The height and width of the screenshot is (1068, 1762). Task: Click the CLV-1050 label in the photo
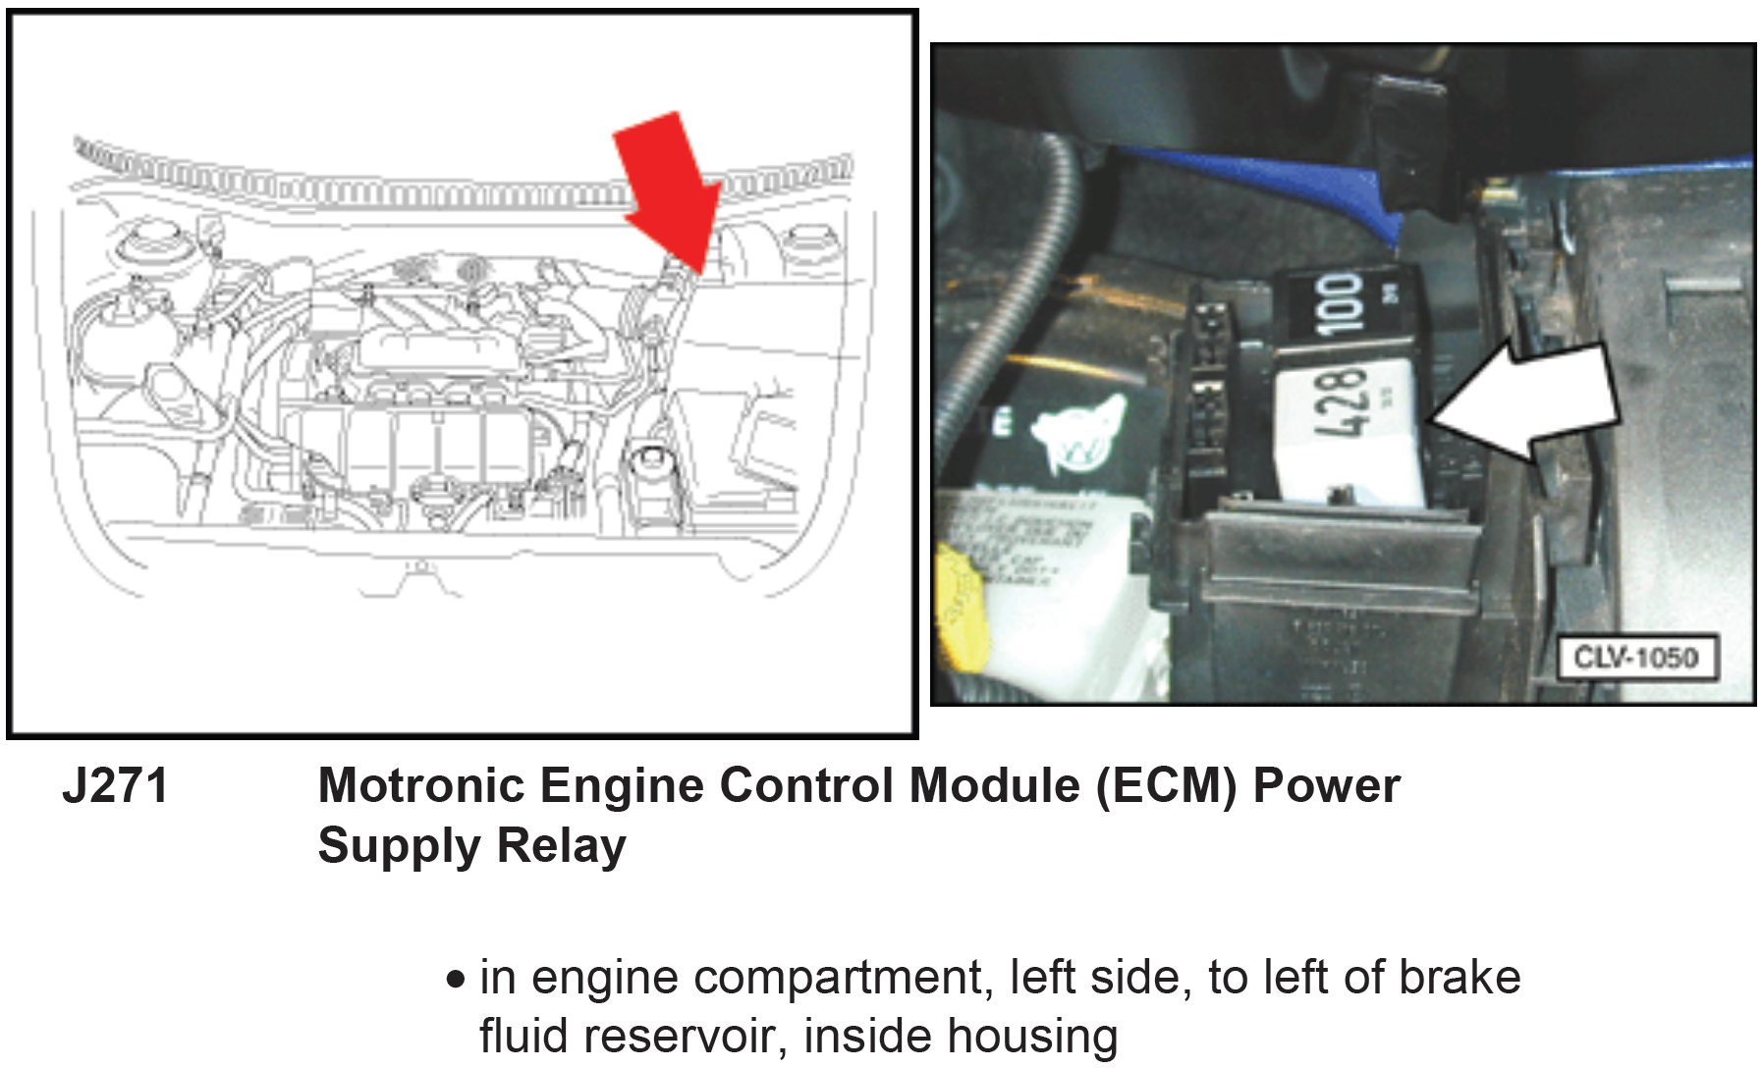click(x=1636, y=657)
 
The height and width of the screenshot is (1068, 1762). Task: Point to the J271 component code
click(x=115, y=786)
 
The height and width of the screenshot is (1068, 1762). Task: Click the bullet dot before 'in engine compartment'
click(x=456, y=980)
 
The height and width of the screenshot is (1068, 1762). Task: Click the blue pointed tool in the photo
click(x=1306, y=182)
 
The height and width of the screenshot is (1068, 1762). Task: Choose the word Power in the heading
click(x=1326, y=786)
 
